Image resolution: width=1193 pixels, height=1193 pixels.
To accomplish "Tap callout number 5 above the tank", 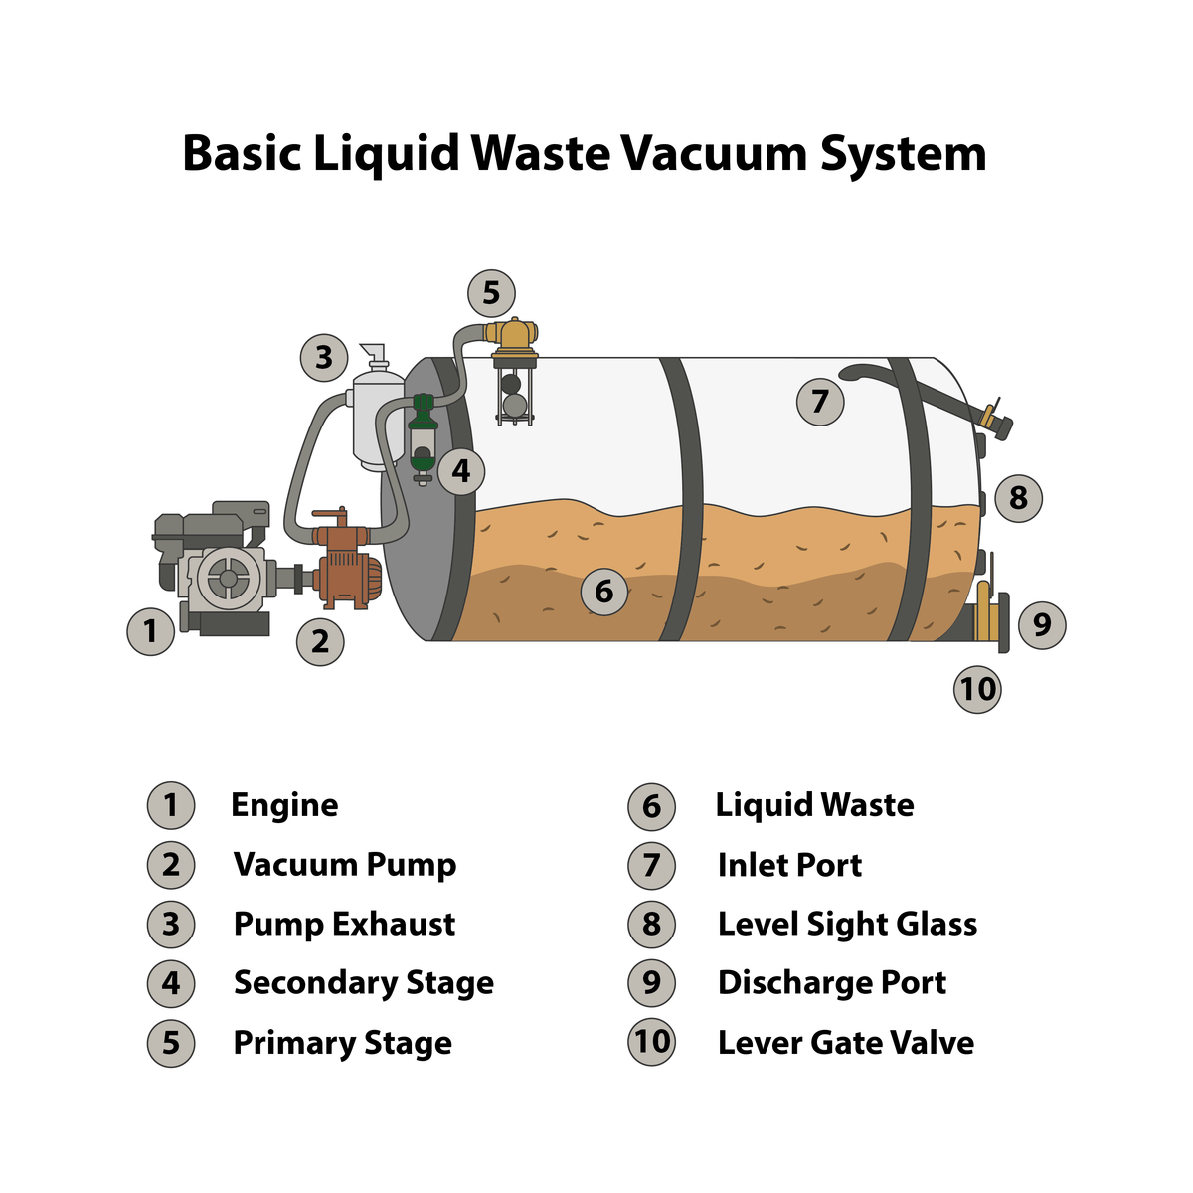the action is coord(491,293).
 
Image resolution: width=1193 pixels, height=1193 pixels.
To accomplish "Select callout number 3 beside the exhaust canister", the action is coord(324,358).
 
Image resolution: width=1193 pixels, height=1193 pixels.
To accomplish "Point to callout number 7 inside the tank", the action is coord(819,402).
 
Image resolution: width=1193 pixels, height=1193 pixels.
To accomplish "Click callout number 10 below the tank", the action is coord(977,689).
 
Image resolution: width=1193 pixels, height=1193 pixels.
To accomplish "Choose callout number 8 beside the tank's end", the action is coord(1018,498).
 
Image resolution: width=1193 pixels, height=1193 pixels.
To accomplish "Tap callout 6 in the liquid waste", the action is coord(604,592).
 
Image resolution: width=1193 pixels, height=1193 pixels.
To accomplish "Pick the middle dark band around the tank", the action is coord(681,499).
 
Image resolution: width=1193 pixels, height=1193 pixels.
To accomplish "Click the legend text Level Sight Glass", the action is coord(848,926).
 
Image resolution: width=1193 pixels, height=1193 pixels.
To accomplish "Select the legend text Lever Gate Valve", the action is coord(846,1043).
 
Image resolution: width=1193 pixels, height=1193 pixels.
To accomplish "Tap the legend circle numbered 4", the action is coord(171,984).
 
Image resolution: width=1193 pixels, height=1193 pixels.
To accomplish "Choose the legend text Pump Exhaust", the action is coord(344,925).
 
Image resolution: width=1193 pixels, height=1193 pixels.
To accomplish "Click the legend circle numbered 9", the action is coord(651,983).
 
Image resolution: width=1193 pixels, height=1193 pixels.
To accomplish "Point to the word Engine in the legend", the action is coord(284,806).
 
